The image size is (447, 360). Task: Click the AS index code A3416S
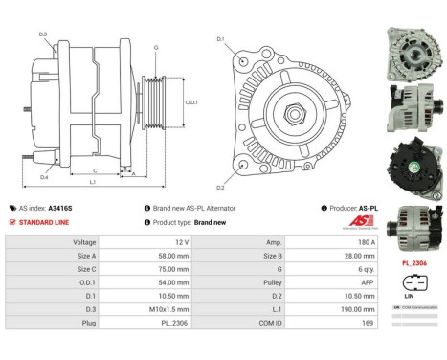tap(60, 208)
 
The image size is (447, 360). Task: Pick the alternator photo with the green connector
tap(413, 163)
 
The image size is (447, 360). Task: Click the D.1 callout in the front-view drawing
tap(220, 39)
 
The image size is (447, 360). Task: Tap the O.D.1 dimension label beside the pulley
tap(190, 102)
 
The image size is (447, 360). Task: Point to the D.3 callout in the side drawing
tap(43, 34)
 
